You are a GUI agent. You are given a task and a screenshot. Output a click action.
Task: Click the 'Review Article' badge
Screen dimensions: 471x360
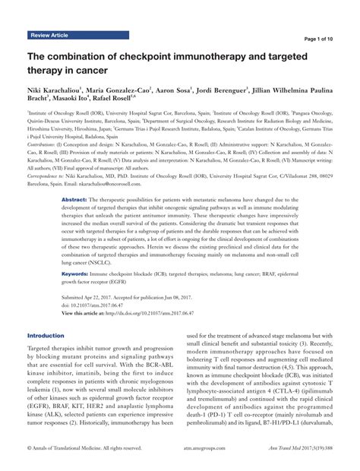pyautogui.click(x=51, y=36)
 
